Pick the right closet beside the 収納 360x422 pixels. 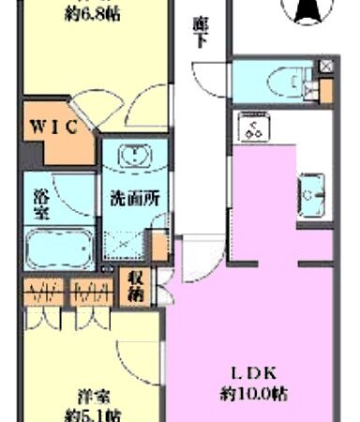92,298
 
